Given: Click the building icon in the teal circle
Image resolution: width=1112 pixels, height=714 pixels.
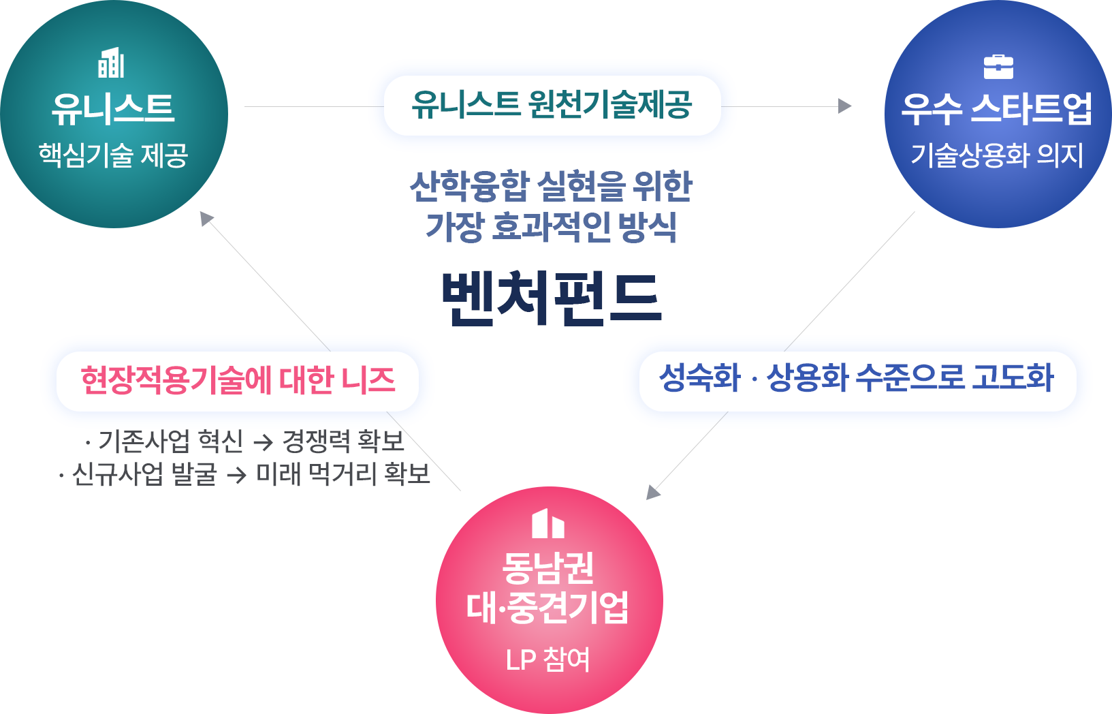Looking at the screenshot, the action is (112, 63).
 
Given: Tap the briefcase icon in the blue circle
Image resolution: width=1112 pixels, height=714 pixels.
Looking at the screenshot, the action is (998, 67).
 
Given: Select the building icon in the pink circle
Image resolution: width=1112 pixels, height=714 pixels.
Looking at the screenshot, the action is (548, 523).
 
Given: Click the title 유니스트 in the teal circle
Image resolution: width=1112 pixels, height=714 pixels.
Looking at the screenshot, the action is (113, 109).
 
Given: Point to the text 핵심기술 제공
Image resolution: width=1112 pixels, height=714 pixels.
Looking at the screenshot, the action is (113, 155).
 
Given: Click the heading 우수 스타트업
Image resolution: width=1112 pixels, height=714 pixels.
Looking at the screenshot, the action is (997, 109).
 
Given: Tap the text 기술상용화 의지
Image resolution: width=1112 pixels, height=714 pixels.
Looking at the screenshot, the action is (997, 155).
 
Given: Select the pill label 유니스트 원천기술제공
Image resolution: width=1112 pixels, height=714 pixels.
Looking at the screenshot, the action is (552, 105).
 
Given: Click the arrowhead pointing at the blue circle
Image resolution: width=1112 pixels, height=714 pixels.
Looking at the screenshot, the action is (845, 106).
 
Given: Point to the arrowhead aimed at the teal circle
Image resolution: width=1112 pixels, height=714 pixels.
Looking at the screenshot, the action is (206, 218).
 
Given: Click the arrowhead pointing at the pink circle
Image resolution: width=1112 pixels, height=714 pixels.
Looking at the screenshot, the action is (653, 492).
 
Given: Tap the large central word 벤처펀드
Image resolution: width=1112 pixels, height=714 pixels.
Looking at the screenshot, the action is (551, 298).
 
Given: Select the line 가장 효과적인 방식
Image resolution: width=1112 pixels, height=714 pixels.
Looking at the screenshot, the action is (551, 226).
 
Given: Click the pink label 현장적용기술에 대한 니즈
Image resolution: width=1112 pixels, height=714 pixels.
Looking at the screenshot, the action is (238, 380).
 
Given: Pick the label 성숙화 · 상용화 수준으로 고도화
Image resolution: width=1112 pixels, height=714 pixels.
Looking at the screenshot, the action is (857, 378).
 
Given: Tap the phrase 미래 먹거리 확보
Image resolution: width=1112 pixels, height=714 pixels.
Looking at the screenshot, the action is (343, 474).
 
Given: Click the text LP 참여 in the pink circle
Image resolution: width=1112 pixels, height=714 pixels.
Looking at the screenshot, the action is (548, 659).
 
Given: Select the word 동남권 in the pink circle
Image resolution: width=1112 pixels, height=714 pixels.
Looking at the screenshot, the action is (548, 568).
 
